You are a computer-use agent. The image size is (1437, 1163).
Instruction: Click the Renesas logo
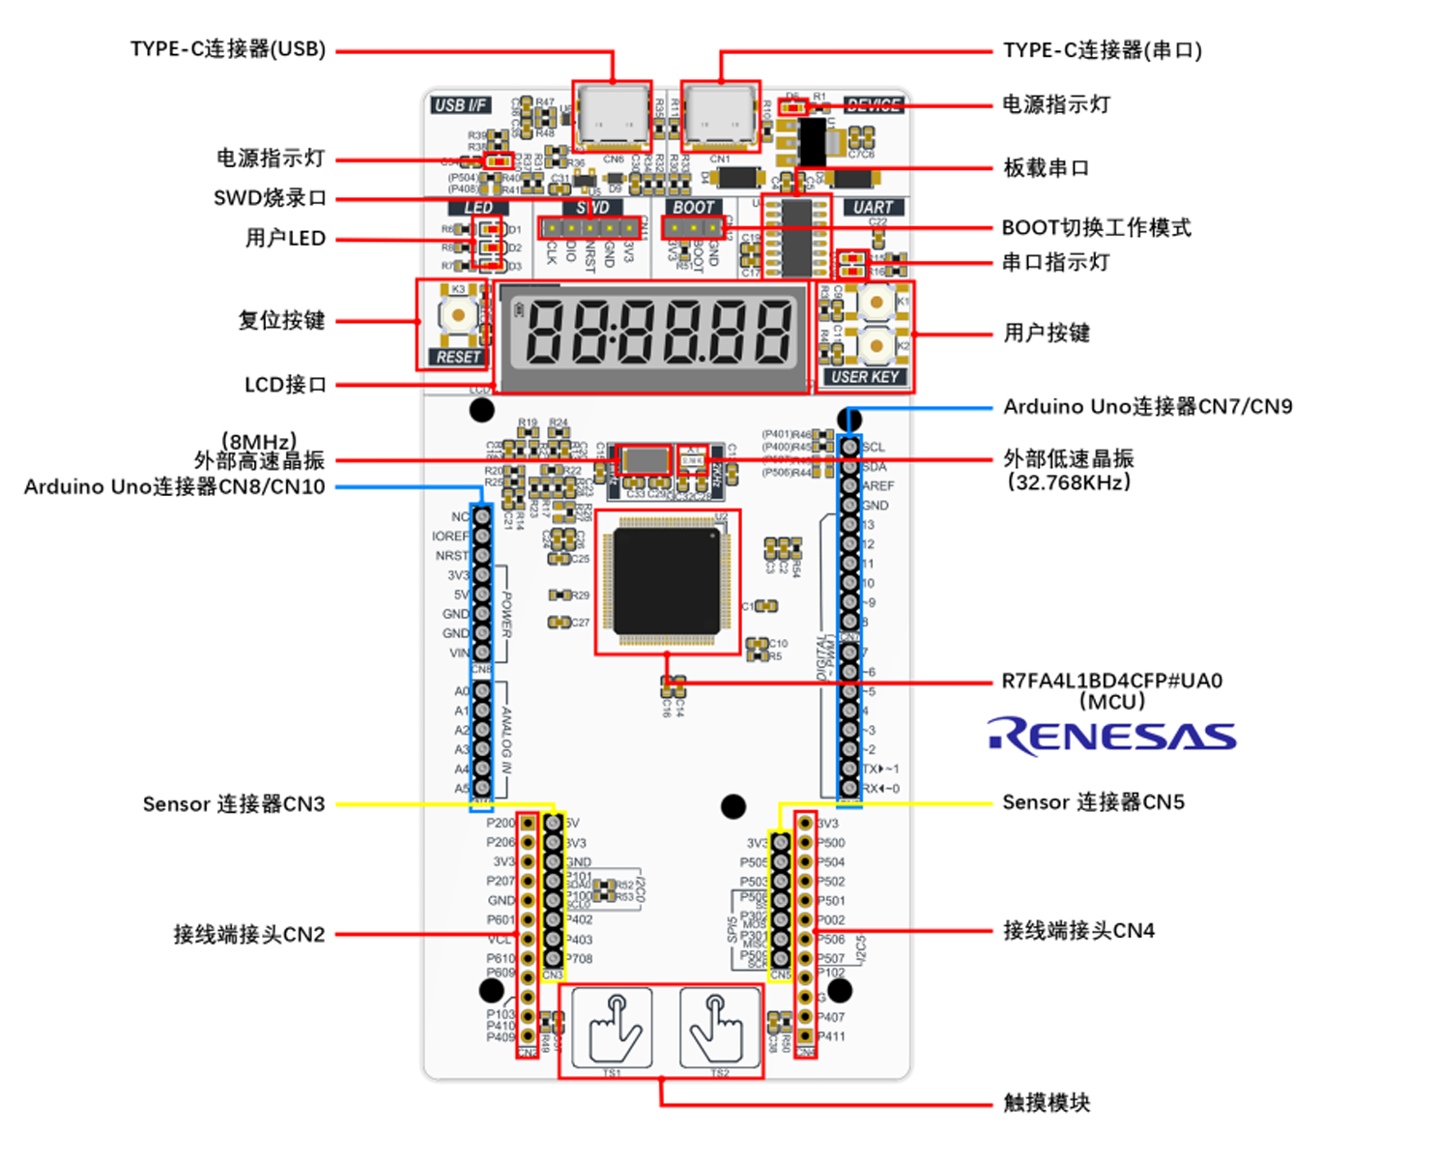click(x=1111, y=736)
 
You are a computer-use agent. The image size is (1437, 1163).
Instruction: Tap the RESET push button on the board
click(x=457, y=314)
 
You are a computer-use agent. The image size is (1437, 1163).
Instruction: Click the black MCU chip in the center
click(x=668, y=581)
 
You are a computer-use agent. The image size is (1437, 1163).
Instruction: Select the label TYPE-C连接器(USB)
click(x=228, y=49)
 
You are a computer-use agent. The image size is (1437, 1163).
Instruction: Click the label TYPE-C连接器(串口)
click(x=1102, y=50)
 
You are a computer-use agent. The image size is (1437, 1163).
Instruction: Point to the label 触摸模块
click(x=1047, y=1102)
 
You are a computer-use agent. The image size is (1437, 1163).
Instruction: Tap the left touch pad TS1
click(x=612, y=1028)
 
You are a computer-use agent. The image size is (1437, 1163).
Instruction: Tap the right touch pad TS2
click(x=717, y=1028)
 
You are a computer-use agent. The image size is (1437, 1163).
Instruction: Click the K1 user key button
click(x=876, y=302)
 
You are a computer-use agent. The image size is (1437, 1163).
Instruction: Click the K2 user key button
click(x=876, y=344)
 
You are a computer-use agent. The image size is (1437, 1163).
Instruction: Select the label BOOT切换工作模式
click(x=1096, y=228)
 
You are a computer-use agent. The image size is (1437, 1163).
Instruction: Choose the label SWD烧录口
click(x=270, y=198)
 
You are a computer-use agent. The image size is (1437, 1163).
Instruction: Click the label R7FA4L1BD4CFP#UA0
click(x=1111, y=681)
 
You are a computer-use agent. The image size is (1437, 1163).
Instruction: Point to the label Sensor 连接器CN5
click(x=1093, y=802)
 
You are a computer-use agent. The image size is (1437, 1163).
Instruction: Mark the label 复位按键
click(x=281, y=320)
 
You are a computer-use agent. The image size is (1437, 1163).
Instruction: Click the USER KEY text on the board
click(x=865, y=377)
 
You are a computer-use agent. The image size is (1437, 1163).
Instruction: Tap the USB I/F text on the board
click(x=461, y=104)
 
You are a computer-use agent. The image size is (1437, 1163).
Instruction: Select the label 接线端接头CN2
click(x=248, y=935)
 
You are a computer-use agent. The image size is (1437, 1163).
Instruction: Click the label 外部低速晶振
click(x=1068, y=458)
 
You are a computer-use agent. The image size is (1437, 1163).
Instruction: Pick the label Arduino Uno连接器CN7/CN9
click(x=1147, y=406)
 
